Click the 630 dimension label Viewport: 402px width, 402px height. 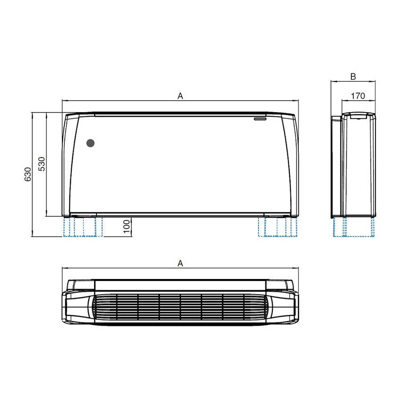tap(28, 175)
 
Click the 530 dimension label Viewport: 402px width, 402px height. tap(42, 164)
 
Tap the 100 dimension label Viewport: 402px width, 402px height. tap(126, 227)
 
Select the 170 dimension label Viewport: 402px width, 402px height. tap(358, 96)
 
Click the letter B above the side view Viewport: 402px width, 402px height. tap(353, 77)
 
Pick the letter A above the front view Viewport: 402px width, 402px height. tap(180, 96)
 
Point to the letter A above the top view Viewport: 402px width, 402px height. tap(180, 263)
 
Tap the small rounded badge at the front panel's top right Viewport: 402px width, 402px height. tap(260, 119)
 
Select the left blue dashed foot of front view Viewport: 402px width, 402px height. tap(82, 227)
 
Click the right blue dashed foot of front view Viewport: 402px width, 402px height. tap(278, 227)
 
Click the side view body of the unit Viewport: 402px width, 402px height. tap(357, 166)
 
